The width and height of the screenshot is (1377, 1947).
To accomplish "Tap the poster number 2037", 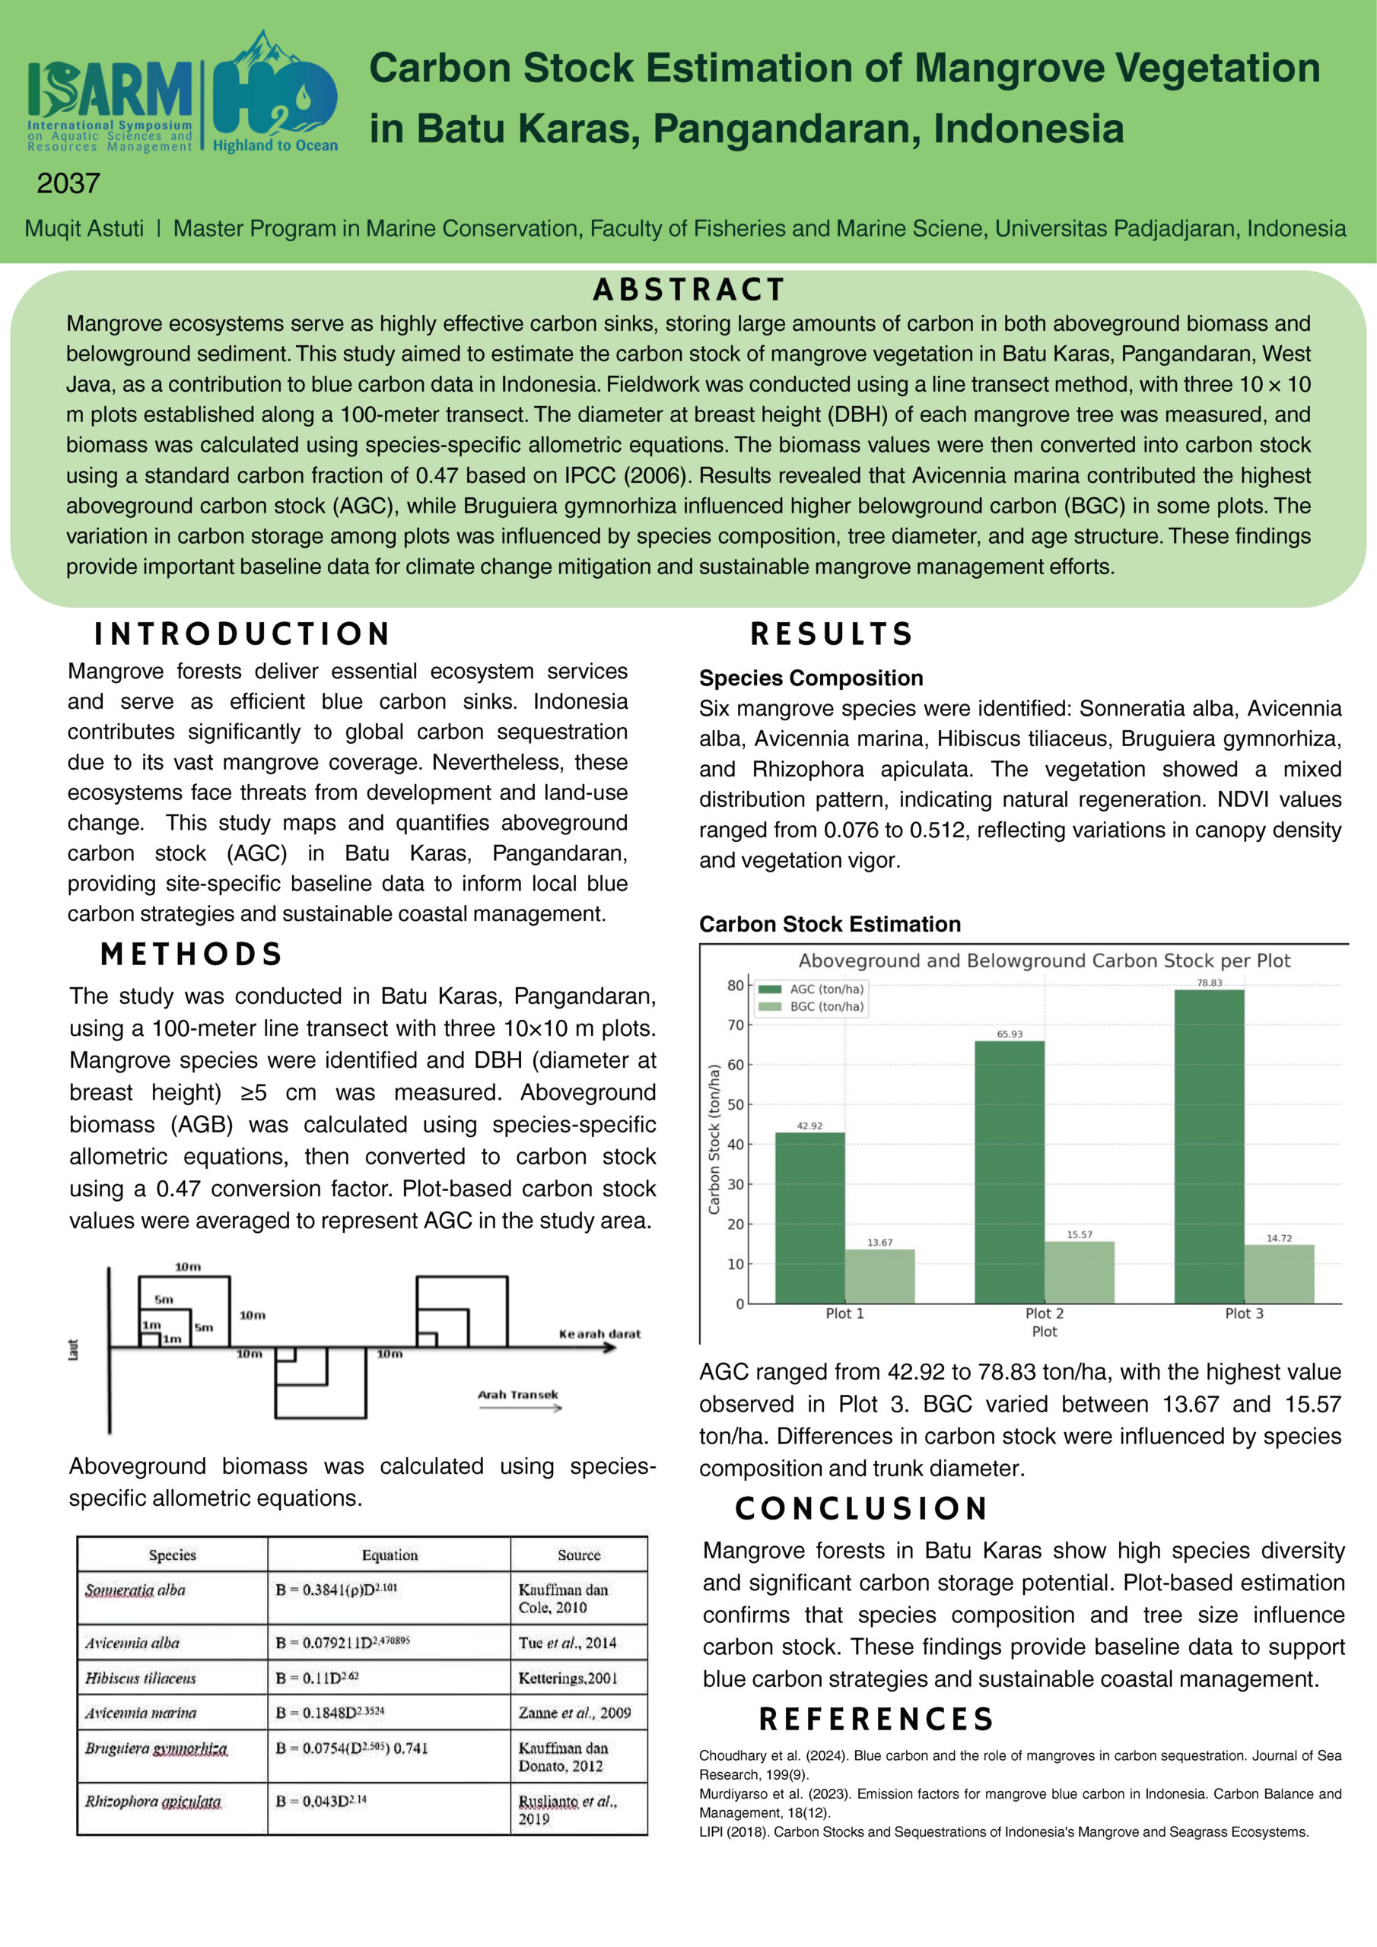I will (68, 183).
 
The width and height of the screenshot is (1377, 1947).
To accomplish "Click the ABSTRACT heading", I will (688, 290).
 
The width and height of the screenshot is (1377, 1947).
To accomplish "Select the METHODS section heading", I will (191, 954).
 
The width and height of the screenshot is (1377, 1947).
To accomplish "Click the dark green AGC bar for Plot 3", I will (1208, 1145).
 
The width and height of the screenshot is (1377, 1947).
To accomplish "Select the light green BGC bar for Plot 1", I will (879, 1275).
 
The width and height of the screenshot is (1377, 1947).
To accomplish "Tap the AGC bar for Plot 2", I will (1009, 1171).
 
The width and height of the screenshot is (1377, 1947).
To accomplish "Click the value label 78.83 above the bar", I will (1209, 983).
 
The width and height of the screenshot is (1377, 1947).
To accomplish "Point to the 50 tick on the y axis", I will (735, 1104).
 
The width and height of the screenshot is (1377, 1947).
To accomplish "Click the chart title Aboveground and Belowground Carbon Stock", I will (1044, 961).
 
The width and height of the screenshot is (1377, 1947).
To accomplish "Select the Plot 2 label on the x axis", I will (1044, 1313).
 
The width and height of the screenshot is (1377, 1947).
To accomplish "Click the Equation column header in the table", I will (390, 1555).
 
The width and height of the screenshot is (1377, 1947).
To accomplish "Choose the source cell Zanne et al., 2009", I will (574, 1713).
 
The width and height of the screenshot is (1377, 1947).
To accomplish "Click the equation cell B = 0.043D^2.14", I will (321, 1800).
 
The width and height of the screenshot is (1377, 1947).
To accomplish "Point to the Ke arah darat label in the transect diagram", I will (599, 1334).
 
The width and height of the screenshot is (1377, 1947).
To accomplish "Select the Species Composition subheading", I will (810, 678).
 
